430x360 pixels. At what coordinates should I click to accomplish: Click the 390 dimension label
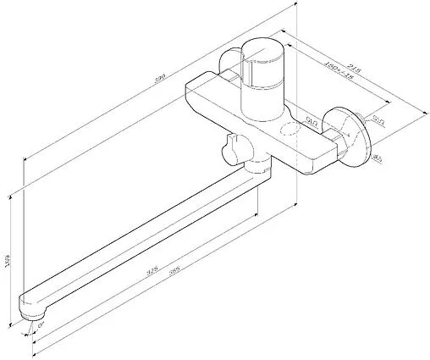(156, 78)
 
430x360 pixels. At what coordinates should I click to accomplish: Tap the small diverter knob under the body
(226, 152)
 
